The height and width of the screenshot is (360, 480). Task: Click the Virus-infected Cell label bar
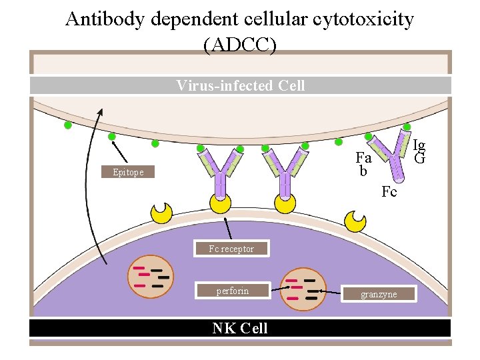(240, 85)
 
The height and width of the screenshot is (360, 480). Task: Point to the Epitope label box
(127, 172)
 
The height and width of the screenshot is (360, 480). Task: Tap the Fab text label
(363, 164)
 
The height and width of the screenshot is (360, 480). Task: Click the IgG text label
(419, 151)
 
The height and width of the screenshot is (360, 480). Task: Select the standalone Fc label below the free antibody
(389, 192)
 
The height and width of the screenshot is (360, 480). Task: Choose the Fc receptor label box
(231, 249)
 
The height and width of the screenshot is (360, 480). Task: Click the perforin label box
(232, 291)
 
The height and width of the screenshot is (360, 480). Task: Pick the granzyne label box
(379, 294)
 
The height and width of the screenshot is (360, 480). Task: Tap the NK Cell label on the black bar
(240, 328)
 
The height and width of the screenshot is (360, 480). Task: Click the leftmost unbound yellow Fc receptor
(162, 213)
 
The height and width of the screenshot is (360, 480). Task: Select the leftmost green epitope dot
(67, 125)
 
